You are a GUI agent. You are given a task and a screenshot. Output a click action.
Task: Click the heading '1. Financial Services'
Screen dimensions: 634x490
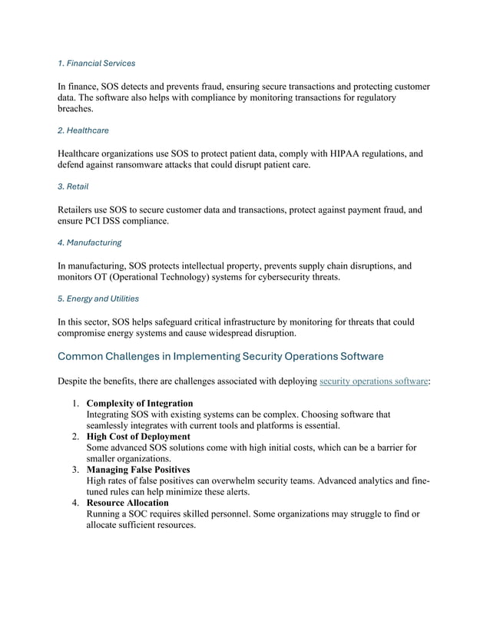pyautogui.click(x=96, y=63)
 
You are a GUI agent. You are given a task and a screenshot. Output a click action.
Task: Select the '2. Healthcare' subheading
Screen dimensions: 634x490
pyautogui.click(x=83, y=130)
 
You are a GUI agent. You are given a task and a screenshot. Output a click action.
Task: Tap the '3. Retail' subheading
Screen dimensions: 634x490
pyautogui.click(x=73, y=187)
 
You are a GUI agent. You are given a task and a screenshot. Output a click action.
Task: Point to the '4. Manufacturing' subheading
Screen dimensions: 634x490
pyautogui.click(x=89, y=243)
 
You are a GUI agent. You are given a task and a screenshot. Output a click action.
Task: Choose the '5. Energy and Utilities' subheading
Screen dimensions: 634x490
pyautogui.click(x=98, y=299)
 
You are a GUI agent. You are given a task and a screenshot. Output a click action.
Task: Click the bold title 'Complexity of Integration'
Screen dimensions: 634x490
pyautogui.click(x=139, y=403)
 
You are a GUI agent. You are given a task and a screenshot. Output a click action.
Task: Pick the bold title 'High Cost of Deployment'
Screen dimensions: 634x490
pyautogui.click(x=138, y=437)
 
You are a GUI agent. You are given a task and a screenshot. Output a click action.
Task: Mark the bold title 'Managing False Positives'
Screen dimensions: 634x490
pyautogui.click(x=138, y=470)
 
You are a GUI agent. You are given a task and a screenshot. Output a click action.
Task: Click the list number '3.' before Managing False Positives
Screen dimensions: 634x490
pyautogui.click(x=77, y=470)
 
